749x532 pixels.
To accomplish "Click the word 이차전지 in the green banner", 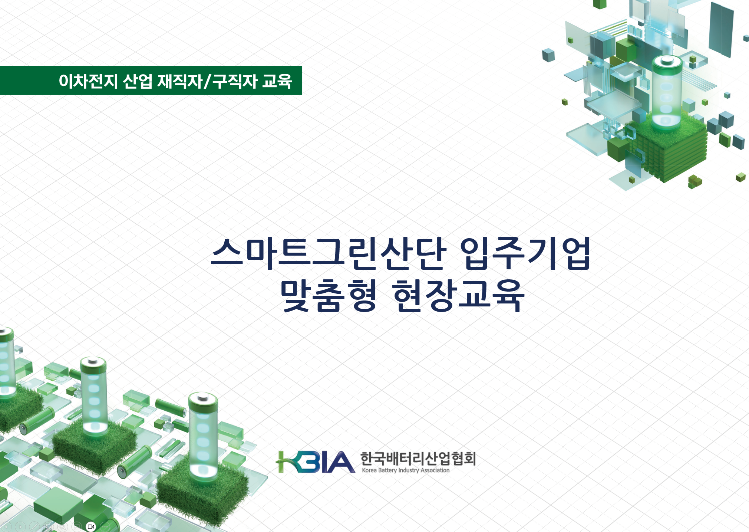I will point(88,81).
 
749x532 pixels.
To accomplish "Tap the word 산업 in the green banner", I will point(137,81).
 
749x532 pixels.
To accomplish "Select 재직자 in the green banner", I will point(180,81).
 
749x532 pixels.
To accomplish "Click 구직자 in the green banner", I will point(235,81).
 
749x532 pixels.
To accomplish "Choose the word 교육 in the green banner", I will point(277,81).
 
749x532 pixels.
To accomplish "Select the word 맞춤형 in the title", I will point(329,296).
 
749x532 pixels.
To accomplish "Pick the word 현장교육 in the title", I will point(458,296).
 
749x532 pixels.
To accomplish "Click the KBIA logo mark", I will point(315,462).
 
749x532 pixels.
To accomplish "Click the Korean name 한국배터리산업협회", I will point(418,459).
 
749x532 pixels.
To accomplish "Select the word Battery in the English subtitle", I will point(387,470).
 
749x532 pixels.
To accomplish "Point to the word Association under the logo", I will point(435,470).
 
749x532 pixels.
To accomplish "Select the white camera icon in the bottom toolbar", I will point(91,526).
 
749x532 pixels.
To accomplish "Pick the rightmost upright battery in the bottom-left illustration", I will point(203,436).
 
